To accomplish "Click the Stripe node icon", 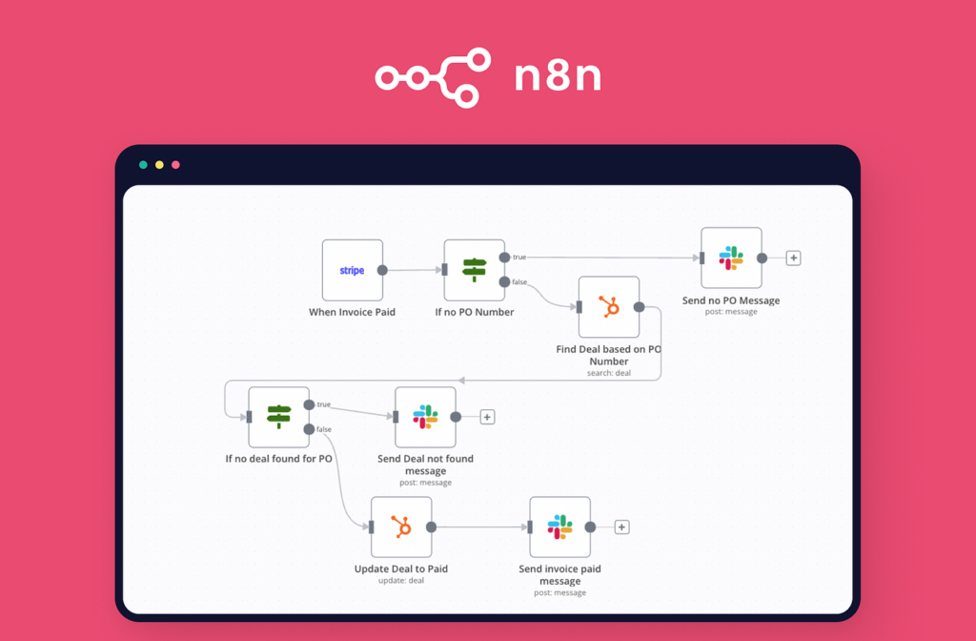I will click(352, 270).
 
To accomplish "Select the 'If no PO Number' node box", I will click(474, 270).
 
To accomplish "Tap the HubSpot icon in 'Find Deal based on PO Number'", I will click(608, 307).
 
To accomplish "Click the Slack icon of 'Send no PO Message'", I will click(731, 258).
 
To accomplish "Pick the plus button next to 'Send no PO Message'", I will click(793, 258).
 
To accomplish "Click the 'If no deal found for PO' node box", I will click(278, 417).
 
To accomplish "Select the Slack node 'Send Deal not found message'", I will click(425, 417).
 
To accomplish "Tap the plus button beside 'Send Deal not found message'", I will click(487, 417).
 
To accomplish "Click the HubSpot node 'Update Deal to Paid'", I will click(401, 527).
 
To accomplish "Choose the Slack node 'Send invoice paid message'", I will click(559, 527).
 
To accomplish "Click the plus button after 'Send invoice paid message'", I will click(621, 527).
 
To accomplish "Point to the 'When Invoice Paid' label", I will click(352, 312).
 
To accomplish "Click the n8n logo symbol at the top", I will click(433, 77).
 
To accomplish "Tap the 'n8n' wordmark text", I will click(558, 77).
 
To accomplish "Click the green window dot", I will click(143, 165).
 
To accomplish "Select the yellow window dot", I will click(159, 165).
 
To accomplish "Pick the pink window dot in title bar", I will click(175, 165).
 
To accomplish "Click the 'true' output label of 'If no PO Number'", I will click(519, 257).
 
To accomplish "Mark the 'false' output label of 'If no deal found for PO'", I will click(324, 429).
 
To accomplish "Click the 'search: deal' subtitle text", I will click(608, 373).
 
